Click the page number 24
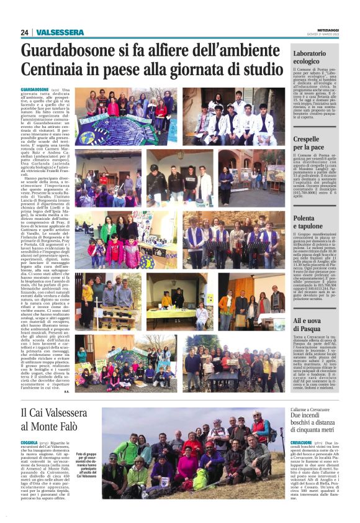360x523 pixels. click(x=25, y=32)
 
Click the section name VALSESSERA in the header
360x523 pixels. click(x=60, y=32)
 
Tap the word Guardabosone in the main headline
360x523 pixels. click(x=72, y=52)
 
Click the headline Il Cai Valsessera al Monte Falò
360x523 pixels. click(x=56, y=419)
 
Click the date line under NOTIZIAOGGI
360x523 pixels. click(x=328, y=35)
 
